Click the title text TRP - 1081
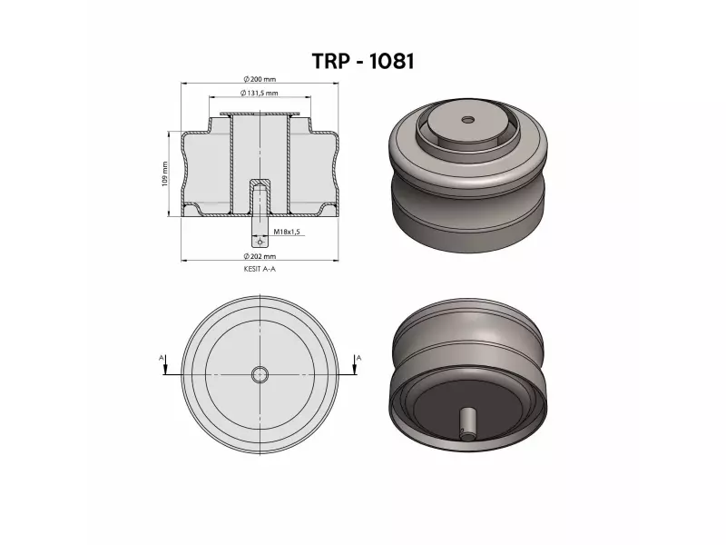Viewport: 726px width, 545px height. click(363, 61)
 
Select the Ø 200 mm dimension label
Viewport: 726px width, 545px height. click(261, 79)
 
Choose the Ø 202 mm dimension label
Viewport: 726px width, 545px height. click(261, 256)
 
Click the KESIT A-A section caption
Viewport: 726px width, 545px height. click(260, 270)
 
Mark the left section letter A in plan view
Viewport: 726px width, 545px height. click(162, 359)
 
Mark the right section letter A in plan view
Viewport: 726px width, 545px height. click(359, 359)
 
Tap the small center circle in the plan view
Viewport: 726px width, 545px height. click(260, 374)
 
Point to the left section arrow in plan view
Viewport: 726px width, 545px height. click(163, 371)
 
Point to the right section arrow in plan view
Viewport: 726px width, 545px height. click(358, 371)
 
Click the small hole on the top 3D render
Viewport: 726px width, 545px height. click(467, 119)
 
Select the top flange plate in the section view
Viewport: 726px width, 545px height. click(261, 114)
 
